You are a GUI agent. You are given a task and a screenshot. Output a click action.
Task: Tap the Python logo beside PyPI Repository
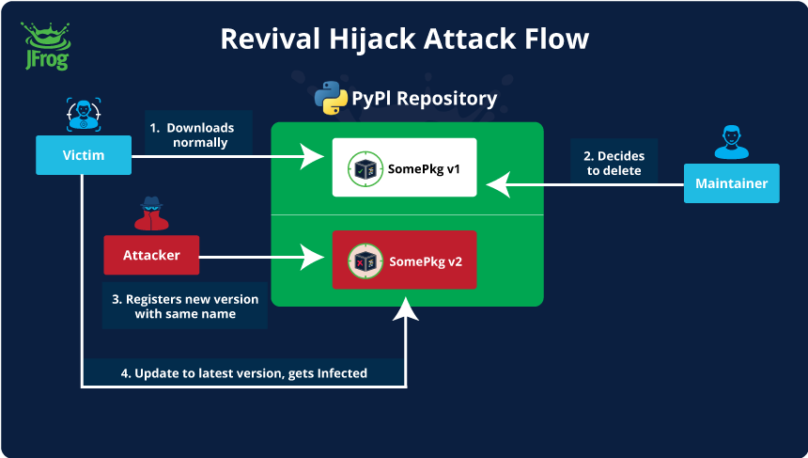[331, 98]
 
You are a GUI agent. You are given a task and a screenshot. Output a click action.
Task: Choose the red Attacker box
[151, 255]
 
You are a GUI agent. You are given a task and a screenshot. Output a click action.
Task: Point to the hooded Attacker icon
[150, 214]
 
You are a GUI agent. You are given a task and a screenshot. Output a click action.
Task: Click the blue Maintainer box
[731, 183]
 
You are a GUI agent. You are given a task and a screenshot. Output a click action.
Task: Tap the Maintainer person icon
[731, 141]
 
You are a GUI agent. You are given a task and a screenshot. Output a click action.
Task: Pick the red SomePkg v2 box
[404, 261]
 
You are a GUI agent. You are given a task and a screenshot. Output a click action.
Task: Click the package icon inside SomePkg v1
[364, 170]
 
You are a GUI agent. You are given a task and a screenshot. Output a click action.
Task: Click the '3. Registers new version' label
[185, 307]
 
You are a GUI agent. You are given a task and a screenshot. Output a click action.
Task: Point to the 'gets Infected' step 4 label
[244, 373]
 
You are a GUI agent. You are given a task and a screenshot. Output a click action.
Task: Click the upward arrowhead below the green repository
[406, 309]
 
